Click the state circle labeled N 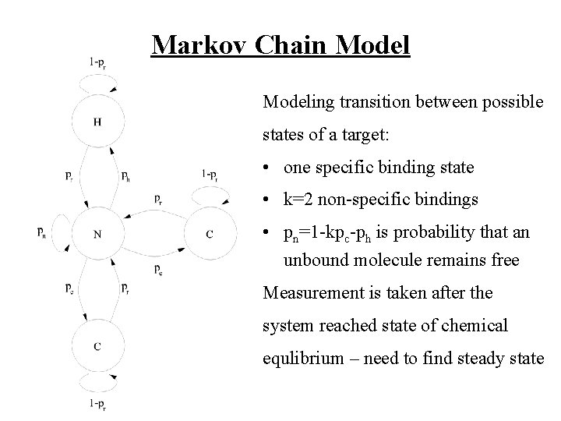click(x=96, y=232)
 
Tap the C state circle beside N click(x=210, y=232)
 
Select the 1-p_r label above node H click(x=97, y=60)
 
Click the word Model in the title click(x=374, y=45)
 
